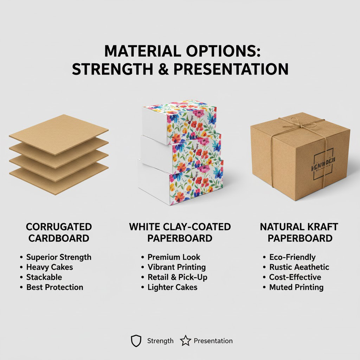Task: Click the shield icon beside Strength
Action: tap(136, 341)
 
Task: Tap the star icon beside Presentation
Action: tap(185, 341)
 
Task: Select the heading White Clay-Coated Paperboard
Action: tap(180, 232)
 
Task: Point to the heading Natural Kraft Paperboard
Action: tap(300, 232)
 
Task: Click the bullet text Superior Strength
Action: tap(59, 257)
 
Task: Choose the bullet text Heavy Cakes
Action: tap(50, 267)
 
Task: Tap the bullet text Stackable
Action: tap(44, 277)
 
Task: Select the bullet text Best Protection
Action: tap(54, 287)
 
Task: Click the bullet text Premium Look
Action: tap(174, 257)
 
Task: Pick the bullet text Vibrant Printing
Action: tap(176, 267)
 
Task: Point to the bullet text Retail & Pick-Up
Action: tap(177, 277)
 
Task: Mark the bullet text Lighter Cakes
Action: tap(172, 287)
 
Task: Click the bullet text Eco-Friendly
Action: tap(292, 257)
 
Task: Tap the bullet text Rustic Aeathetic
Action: tap(299, 267)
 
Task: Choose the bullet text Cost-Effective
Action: tap(295, 277)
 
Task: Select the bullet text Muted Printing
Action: tap(296, 287)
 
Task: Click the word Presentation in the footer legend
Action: tap(213, 341)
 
